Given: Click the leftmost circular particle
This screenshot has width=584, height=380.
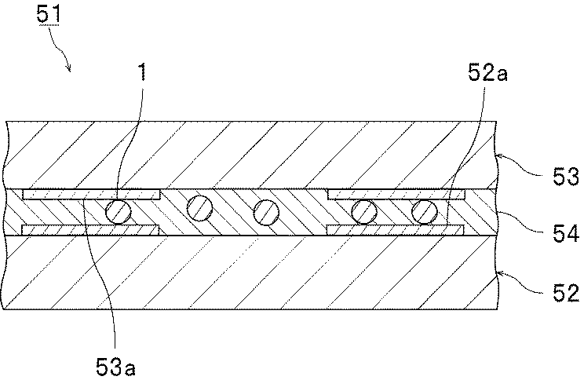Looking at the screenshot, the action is [119, 212].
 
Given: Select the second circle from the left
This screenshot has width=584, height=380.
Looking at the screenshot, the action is [199, 208].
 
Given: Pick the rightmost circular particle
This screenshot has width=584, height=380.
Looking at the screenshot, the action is [425, 210].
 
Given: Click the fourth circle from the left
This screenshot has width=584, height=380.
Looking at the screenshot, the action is [363, 210].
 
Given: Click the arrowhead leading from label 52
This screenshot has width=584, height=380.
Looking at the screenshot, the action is [498, 276].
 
